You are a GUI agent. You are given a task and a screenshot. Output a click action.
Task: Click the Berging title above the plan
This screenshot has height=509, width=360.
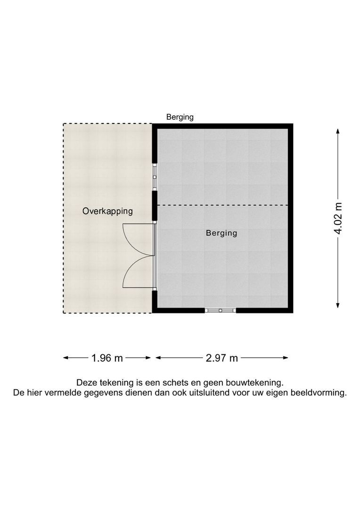coord(180,117)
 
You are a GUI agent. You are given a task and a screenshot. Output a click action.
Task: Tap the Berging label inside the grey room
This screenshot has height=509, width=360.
coord(221,233)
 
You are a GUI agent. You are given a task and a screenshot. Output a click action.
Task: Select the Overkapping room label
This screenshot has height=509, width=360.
coord(107,211)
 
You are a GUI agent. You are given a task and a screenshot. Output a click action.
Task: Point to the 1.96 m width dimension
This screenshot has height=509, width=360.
coord(107,358)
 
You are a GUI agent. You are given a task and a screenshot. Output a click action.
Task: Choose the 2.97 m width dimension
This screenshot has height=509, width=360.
coord(221,358)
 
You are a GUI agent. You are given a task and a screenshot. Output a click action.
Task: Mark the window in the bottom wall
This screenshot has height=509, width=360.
coord(221,310)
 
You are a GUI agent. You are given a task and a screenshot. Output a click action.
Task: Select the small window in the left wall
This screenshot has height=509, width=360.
coord(154,177)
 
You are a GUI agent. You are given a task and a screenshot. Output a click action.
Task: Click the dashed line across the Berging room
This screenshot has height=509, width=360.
coord(221,205)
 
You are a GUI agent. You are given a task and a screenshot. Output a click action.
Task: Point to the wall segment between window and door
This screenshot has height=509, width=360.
coord(154,205)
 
